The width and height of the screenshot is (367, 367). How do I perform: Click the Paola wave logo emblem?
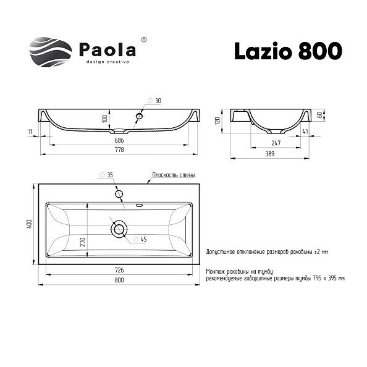click(x=51, y=52)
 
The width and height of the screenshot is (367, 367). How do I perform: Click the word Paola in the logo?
click(x=108, y=50)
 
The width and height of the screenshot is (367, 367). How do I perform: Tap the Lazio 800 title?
click(x=289, y=51)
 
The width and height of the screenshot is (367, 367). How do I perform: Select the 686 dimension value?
click(x=119, y=140)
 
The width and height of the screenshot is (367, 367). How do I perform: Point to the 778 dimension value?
click(x=119, y=150)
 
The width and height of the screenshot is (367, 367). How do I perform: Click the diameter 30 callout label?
click(x=154, y=101)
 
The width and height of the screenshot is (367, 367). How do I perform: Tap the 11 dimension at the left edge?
click(x=30, y=132)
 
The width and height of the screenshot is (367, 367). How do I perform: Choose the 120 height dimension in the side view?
click(x=217, y=120)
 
